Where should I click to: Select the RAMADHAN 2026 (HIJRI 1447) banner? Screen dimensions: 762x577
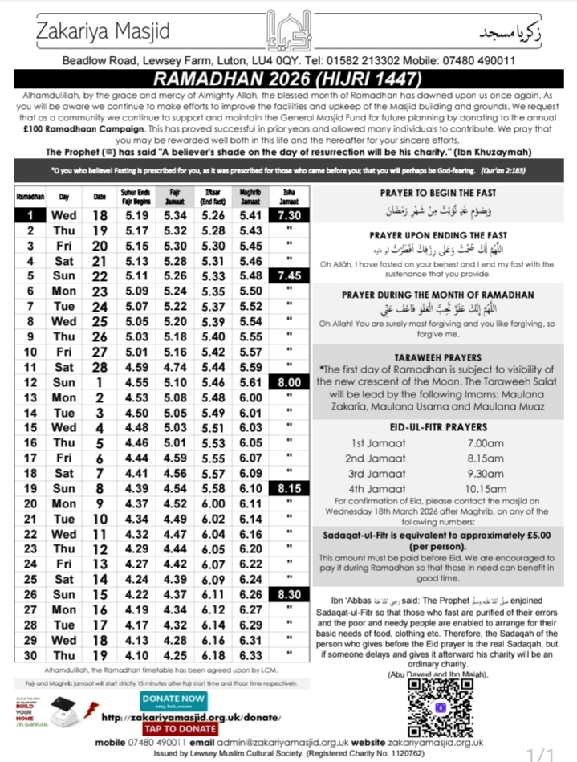(x=288, y=79)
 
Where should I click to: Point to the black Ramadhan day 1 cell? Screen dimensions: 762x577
(x=30, y=216)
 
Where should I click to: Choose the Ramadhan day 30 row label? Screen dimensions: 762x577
(x=30, y=655)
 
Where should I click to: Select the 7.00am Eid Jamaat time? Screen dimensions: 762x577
(x=486, y=442)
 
